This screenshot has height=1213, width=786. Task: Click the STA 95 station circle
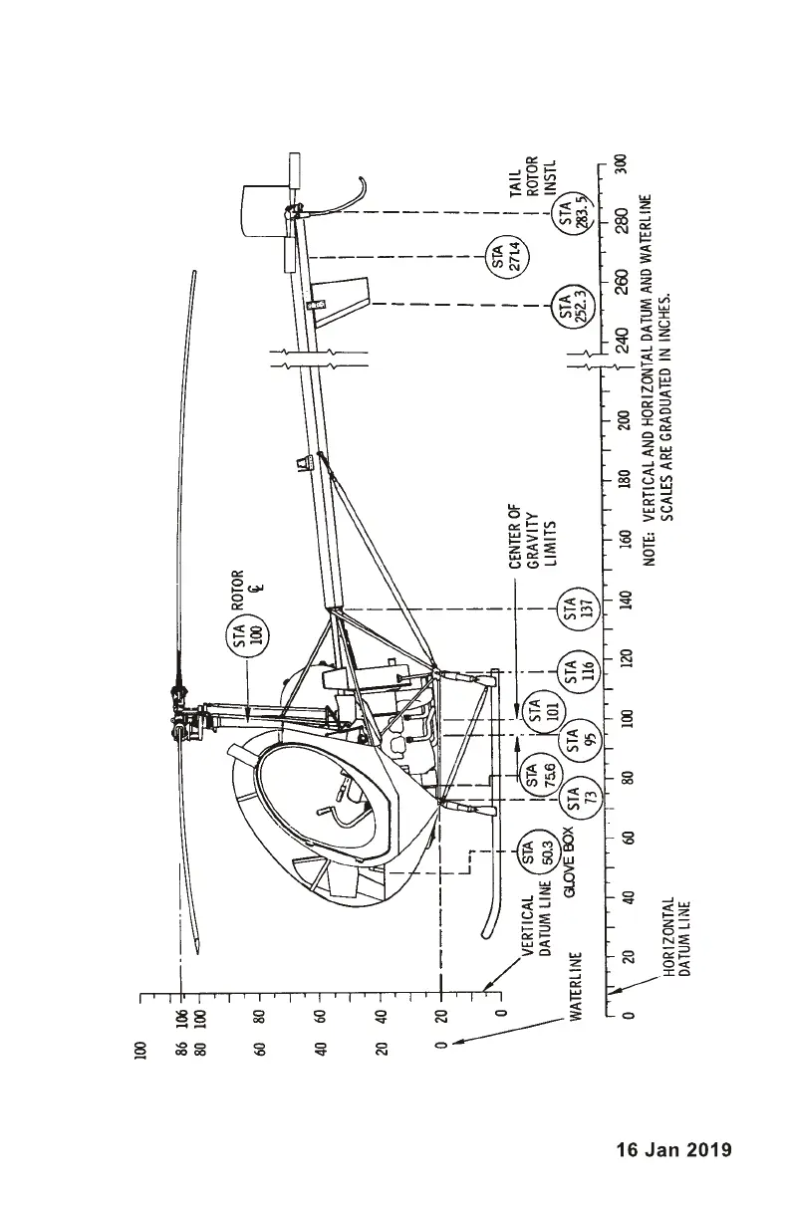click(x=572, y=742)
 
